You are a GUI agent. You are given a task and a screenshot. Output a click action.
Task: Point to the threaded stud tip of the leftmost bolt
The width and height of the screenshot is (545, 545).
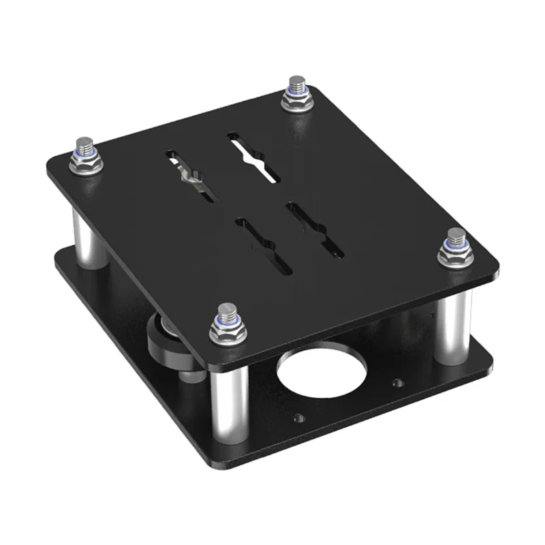point(84,145)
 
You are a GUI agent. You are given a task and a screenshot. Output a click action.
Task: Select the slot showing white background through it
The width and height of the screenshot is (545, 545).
point(255,156)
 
